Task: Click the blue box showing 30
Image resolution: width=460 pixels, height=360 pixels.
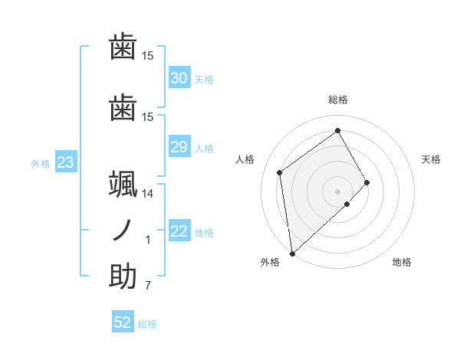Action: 179,78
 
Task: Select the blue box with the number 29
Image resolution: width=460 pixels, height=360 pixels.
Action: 179,147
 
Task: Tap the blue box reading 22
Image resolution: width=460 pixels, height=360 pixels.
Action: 179,232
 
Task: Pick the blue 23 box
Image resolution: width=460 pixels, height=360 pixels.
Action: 65,162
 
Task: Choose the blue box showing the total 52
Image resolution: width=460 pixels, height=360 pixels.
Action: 123,322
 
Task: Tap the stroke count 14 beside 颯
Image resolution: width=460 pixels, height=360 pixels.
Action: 147,194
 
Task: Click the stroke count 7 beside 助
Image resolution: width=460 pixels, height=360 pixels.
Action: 147,286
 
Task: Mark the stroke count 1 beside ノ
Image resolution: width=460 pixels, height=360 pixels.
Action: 148,240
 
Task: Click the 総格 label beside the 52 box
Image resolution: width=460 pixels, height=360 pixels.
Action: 147,324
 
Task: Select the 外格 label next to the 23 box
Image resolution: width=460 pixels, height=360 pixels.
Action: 40,163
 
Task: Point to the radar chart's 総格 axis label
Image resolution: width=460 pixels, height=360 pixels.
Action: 337,100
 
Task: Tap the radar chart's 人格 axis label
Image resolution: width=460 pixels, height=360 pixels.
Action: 245,159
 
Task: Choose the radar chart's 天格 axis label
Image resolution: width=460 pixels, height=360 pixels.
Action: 431,159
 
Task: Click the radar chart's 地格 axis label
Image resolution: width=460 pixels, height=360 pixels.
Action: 402,263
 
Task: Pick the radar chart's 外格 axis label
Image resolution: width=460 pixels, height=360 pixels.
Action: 270,263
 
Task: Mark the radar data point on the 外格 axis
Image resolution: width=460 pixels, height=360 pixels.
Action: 291,253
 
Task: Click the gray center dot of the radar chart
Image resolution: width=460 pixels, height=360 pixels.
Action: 337,190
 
